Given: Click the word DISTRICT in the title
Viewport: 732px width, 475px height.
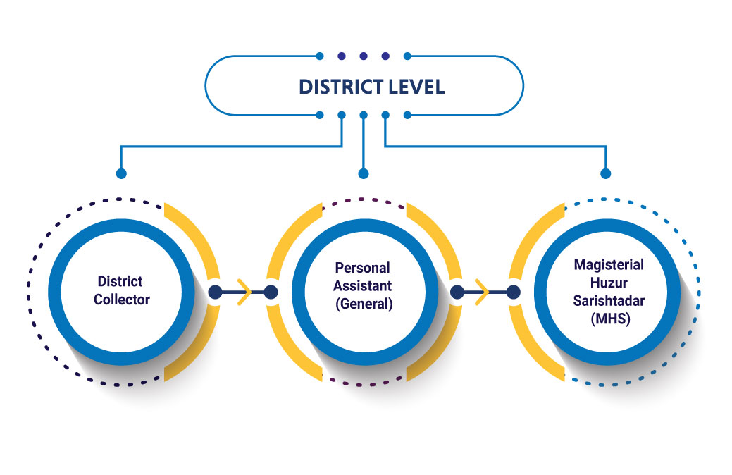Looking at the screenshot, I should click(x=340, y=87).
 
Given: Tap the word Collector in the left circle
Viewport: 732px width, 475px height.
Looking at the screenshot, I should click(x=124, y=299).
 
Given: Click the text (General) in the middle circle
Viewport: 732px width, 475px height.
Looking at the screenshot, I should click(x=363, y=304).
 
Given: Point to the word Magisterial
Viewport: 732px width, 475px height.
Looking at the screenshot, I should click(x=609, y=264).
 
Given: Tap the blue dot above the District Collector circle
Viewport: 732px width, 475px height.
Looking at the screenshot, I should click(x=121, y=173).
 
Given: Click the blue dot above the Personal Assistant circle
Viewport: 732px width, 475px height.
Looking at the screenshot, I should click(x=364, y=173).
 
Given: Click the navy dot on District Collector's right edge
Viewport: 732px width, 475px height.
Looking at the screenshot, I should click(x=215, y=292).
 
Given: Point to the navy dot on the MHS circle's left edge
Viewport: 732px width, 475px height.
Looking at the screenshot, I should click(x=514, y=292).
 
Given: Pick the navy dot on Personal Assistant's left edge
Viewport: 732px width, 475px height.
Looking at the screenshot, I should click(x=271, y=292).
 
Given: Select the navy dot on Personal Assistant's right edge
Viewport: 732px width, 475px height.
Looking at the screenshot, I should click(x=457, y=292).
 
